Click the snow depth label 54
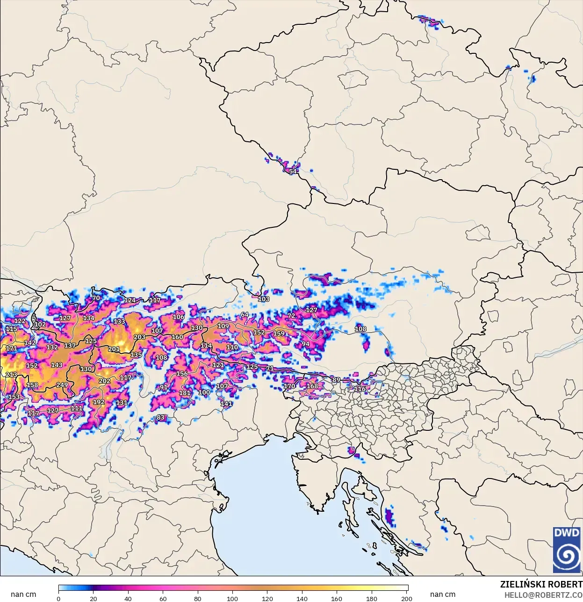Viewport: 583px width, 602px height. click(293, 171)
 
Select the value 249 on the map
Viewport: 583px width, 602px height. click(62, 385)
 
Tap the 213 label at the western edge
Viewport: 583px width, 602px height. click(11, 375)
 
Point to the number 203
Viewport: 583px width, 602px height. click(139, 337)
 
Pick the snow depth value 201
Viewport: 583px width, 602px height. click(114, 349)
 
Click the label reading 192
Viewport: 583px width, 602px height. click(99, 402)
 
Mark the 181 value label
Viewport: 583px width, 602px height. click(185, 393)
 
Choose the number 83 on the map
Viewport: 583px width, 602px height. click(160, 417)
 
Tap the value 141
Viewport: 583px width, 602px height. click(226, 403)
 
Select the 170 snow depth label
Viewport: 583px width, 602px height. click(289, 386)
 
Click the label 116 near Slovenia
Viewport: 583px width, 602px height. click(360, 389)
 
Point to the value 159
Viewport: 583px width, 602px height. click(279, 334)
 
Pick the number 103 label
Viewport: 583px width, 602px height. click(264, 299)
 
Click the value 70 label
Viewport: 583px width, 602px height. click(96, 298)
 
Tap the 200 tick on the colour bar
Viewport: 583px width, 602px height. click(406, 598)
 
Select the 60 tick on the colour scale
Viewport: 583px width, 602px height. click(163, 598)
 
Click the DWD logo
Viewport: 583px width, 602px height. click(566, 550)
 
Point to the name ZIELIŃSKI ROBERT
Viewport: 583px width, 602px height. click(541, 584)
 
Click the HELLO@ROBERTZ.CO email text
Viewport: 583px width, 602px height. click(543, 595)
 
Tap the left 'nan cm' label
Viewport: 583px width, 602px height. click(23, 594)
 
